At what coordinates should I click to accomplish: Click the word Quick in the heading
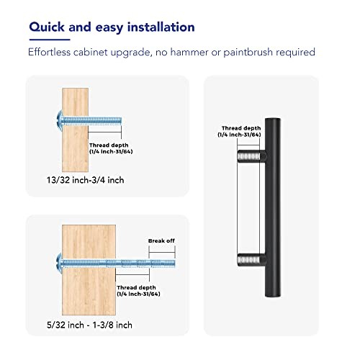tap(47, 27)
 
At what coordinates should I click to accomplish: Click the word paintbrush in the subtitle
tap(248, 53)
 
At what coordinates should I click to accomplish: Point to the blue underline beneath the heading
tap(50, 40)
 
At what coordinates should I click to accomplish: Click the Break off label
tap(161, 240)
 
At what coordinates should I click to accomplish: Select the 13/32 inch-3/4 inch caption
tap(86, 180)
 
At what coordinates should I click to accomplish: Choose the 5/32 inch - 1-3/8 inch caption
tap(89, 325)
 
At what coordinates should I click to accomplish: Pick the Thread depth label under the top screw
tap(111, 148)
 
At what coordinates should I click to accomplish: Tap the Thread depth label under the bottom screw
tap(138, 291)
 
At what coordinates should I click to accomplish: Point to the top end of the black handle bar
tap(273, 119)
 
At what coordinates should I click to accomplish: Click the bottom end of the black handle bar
tap(273, 297)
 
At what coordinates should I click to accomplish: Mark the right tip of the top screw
tap(121, 120)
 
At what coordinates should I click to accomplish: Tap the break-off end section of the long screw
tap(162, 264)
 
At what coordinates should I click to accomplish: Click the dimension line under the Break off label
tap(162, 252)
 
